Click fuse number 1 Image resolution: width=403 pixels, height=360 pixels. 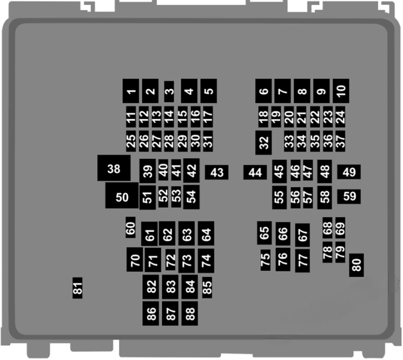tap(131, 91)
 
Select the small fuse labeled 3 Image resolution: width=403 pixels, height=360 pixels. tap(169, 91)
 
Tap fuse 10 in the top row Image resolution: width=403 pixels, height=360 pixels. tap(341, 91)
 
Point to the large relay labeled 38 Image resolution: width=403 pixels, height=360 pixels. tap(114, 168)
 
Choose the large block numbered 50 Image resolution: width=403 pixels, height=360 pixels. tap(122, 196)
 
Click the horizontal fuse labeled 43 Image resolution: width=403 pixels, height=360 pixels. tap(217, 172)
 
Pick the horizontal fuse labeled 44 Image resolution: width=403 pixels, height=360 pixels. tap(255, 172)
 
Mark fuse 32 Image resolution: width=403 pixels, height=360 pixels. tap(263, 143)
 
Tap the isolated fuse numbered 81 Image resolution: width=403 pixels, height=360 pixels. tap(77, 288)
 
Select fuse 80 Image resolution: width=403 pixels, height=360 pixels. tap(356, 265)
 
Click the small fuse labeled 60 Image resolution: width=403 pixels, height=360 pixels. tap(131, 227)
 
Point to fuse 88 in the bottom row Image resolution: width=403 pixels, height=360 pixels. tap(189, 313)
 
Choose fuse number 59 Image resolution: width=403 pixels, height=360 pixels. tap(349, 197)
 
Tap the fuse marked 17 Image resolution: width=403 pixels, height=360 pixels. tap(208, 117)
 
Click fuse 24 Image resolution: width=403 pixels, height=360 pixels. tap(340, 117)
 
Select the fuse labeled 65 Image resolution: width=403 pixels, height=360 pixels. tap(264, 233)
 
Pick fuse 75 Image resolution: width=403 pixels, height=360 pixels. tap(266, 260)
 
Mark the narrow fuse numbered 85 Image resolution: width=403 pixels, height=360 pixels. tap(207, 288)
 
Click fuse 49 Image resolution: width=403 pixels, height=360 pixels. tap(349, 172)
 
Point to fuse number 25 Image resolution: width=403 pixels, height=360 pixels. tap(131, 141)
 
